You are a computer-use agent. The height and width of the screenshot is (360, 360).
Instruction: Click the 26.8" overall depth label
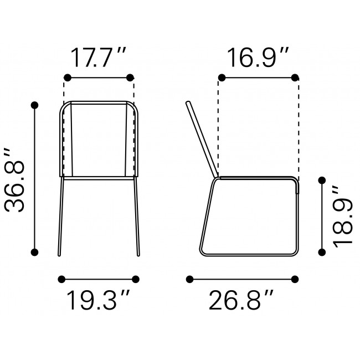(241, 301)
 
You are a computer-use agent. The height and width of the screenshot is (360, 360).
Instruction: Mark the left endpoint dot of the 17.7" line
(67, 77)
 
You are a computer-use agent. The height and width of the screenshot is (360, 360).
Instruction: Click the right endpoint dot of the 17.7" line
(131, 77)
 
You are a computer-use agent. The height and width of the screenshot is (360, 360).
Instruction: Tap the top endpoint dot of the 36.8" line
(35, 105)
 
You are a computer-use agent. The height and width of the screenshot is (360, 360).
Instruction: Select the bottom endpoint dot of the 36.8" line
(35, 253)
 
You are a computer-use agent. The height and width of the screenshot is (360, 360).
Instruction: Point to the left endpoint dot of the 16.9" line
(222, 77)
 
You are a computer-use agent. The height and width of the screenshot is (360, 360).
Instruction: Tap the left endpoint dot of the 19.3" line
(61, 279)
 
